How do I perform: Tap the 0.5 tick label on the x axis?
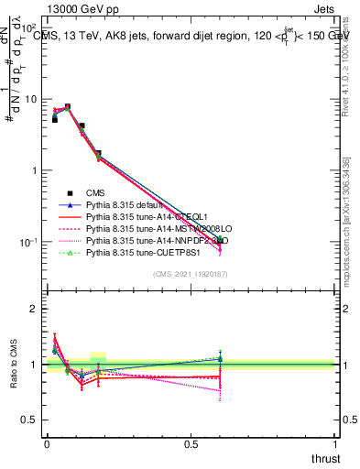tap(191, 443)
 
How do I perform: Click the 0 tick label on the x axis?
tap(47, 443)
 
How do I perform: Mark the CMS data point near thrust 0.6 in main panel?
tap(219, 240)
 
